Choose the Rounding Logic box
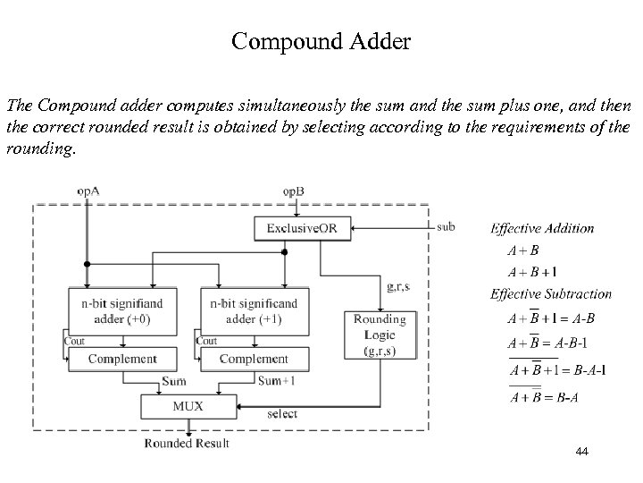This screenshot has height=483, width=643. (380, 335)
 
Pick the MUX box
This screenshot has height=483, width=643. (188, 406)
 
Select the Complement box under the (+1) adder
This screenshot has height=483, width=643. (254, 360)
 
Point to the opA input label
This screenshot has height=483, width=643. (88, 191)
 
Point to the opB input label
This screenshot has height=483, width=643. (294, 191)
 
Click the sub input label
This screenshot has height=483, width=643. (445, 227)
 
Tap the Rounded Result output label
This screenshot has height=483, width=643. (188, 444)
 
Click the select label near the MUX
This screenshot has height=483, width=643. (283, 414)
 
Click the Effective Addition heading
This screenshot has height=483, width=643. (542, 228)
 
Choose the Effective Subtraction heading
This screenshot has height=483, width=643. (550, 294)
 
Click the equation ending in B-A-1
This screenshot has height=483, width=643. (556, 369)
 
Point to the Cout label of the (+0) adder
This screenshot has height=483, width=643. (76, 341)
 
